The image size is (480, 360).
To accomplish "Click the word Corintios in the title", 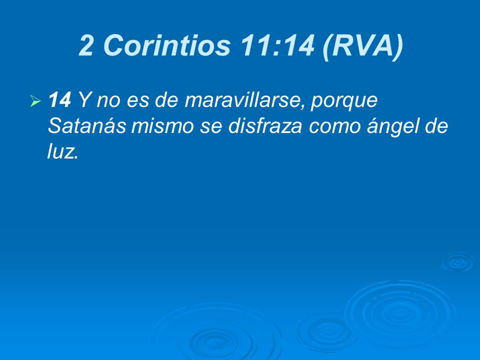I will click(167, 46).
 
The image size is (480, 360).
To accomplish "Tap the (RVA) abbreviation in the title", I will click(363, 46).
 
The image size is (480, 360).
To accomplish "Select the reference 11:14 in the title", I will click(276, 46).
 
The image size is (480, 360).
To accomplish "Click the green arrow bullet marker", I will click(35, 102).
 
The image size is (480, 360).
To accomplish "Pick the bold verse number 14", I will click(59, 101).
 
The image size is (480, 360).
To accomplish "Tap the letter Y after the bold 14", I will click(84, 101).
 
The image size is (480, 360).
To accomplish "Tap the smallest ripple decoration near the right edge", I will click(456, 262).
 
